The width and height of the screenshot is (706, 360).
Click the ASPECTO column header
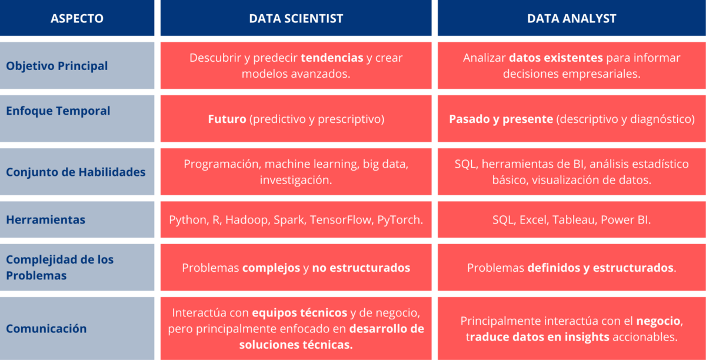77,18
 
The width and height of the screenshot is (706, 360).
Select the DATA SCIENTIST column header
296,18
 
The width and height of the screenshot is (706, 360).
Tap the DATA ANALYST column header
571,18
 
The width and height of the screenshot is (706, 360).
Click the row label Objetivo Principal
57,66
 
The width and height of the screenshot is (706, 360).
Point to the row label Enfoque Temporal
58,111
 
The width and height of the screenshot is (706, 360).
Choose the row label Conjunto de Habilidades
75,172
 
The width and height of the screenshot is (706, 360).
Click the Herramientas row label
46,219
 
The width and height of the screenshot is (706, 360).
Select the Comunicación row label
46,328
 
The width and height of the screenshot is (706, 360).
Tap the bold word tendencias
332,58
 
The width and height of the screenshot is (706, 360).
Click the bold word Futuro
227,119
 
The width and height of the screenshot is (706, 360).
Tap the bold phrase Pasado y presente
501,119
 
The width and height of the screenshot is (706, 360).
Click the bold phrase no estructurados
361,268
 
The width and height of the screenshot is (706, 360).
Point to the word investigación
296,180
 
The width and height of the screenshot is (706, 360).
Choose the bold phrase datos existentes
556,58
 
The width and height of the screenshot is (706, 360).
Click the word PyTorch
400,219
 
